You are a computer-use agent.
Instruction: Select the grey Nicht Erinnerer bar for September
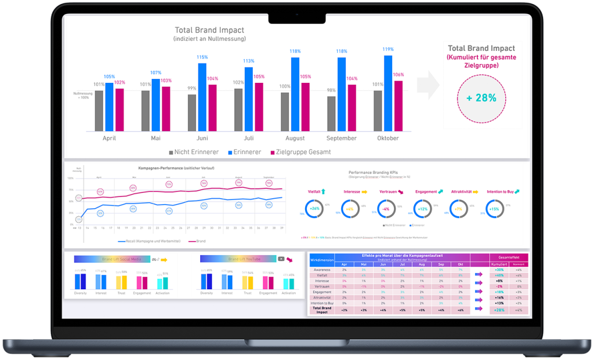[331, 113]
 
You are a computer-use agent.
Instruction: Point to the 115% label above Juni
[202, 57]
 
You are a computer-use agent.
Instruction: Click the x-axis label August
[295, 139]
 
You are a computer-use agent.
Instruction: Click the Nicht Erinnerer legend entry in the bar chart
[194, 152]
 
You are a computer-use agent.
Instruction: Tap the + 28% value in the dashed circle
[481, 98]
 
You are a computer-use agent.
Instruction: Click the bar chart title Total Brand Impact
[209, 30]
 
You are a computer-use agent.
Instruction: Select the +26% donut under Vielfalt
[315, 208]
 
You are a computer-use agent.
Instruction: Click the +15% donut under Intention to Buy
[494, 208]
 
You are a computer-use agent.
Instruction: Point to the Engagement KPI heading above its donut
[426, 191]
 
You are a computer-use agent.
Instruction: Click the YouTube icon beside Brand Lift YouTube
[281, 259]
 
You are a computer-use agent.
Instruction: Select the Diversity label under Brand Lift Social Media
[81, 293]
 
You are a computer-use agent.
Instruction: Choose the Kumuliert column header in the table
[499, 263]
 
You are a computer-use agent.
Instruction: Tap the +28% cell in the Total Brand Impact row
[499, 310]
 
